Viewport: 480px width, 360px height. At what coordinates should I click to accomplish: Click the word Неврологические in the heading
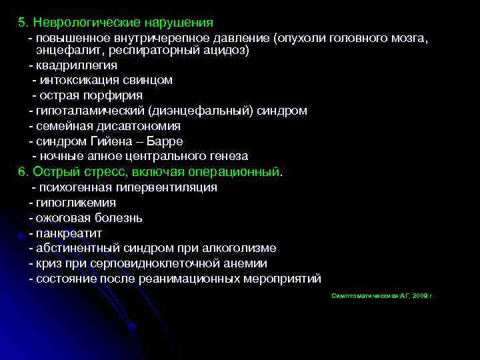(78, 23)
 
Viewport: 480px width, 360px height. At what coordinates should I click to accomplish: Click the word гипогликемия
(77, 203)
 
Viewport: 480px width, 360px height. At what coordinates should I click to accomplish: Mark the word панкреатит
(69, 233)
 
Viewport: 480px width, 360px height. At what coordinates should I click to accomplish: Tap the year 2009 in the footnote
(419, 295)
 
